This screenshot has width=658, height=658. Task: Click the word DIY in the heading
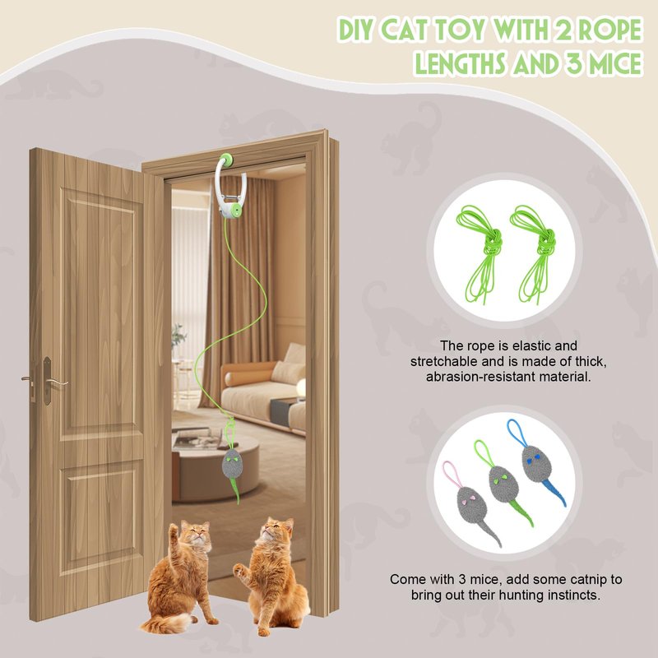357,30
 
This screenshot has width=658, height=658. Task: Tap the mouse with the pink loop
470,504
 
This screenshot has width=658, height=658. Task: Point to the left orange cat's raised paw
173,530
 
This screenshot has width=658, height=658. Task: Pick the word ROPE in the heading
612,30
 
